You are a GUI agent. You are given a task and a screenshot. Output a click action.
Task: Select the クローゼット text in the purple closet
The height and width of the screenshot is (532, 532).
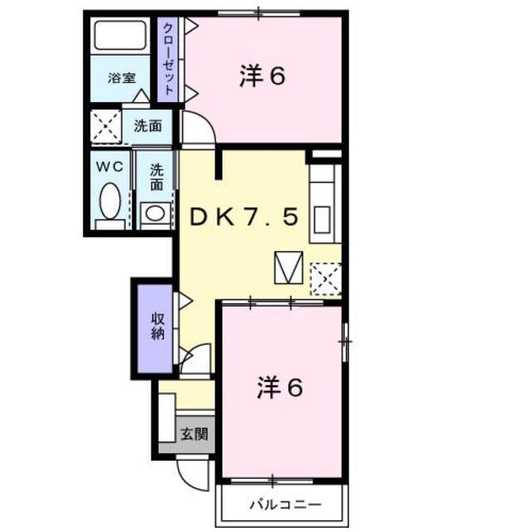tap(169, 59)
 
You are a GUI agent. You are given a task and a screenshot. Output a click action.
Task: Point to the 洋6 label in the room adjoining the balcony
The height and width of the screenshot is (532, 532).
tap(278, 387)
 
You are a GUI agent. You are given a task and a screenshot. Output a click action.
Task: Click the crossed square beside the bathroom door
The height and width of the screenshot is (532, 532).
tap(106, 126)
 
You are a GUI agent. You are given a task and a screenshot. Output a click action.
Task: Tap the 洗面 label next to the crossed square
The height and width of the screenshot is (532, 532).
tap(147, 126)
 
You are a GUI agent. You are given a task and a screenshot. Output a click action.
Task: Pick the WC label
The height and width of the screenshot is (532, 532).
tap(110, 166)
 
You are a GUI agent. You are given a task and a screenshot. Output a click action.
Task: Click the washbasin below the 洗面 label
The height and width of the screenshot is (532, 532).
tap(155, 212)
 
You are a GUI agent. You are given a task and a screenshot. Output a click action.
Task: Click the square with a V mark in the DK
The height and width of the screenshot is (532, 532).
tap(288, 266)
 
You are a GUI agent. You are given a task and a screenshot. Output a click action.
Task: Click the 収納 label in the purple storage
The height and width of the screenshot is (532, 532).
tap(156, 326)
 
